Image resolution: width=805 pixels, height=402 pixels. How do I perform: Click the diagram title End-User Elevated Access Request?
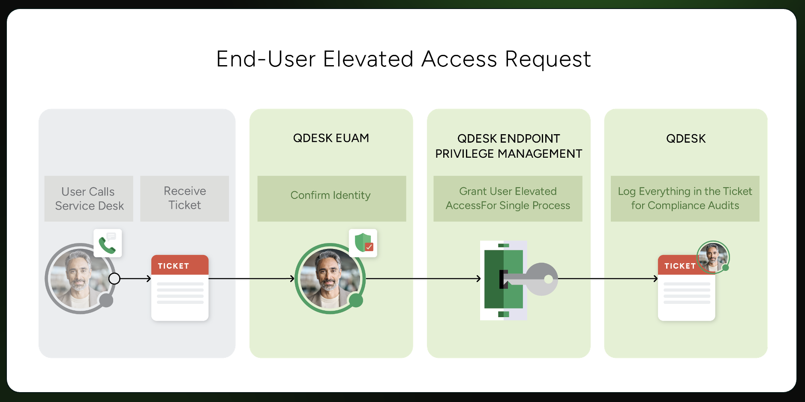[403, 59]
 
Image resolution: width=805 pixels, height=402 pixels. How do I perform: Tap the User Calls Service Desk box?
[89, 198]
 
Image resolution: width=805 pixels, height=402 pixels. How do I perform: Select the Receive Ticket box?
[184, 198]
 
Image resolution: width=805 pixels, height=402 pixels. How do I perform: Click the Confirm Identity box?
[331, 198]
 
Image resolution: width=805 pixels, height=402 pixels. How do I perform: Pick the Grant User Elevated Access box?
[508, 198]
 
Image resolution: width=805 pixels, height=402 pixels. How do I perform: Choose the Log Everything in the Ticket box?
[685, 198]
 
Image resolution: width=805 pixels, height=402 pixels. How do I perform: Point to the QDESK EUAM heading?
[331, 138]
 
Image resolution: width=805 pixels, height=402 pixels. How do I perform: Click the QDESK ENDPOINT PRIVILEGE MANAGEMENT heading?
[508, 146]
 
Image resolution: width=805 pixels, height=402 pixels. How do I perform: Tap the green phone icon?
[107, 244]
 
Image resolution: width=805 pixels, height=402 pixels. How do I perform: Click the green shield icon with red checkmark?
[363, 243]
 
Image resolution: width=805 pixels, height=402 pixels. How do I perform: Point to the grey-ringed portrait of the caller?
[79, 279]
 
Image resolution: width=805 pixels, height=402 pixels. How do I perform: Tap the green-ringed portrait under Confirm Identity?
[329, 279]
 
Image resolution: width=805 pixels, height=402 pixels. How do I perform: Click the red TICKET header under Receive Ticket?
[180, 266]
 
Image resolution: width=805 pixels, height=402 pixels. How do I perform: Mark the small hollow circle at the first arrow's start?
[114, 279]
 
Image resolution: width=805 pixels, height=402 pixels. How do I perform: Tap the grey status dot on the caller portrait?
[106, 300]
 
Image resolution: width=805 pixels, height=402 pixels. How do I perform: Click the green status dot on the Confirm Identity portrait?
[356, 300]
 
